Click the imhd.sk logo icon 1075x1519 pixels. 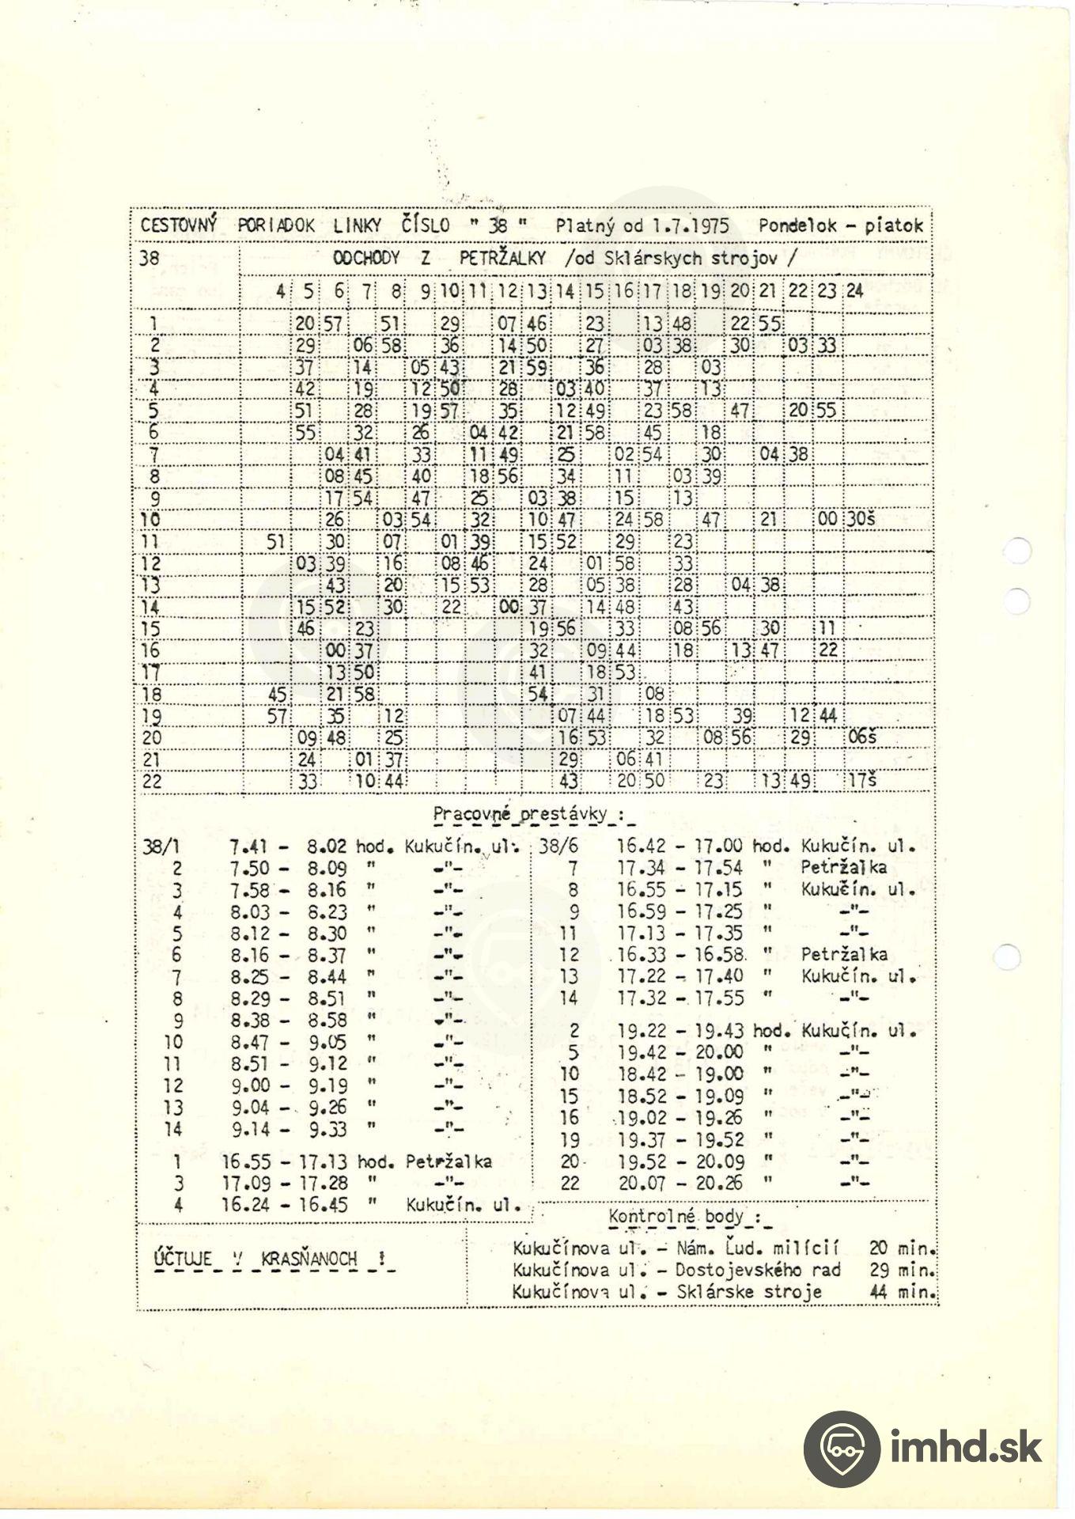coord(841,1448)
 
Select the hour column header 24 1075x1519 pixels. coord(854,290)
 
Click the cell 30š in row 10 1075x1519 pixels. coord(861,519)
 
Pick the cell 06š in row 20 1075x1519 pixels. coord(861,737)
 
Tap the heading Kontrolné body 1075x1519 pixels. coord(676,1216)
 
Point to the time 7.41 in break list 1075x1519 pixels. coord(248,846)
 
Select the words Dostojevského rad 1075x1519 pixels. coord(758,1270)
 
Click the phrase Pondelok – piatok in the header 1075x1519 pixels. coord(840,225)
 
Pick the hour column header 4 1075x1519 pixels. coord(280,290)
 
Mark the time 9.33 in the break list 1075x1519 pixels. coord(327,1129)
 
